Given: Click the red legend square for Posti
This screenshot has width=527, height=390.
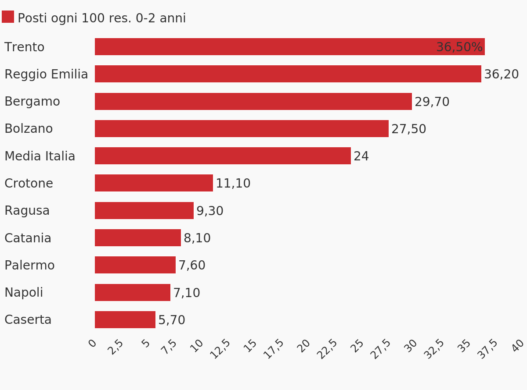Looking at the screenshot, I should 8,17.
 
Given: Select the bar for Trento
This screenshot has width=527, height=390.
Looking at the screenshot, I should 263,47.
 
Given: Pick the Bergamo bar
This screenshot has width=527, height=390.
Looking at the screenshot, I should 253,101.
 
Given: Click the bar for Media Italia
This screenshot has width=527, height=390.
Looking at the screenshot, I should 223,156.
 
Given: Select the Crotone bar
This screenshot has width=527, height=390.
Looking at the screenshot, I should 154,183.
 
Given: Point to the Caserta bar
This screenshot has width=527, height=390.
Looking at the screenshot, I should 125,320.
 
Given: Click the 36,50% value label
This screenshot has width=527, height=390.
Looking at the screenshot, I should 459,47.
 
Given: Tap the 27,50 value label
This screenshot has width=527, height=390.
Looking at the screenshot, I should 408,129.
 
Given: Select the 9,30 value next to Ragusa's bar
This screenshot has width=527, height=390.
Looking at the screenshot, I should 209,211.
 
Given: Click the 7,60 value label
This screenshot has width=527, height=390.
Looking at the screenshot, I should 191,266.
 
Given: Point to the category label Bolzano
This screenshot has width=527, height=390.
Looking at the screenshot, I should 29,129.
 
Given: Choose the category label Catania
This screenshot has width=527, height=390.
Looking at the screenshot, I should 28,238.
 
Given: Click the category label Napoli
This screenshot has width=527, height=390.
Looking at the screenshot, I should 24,293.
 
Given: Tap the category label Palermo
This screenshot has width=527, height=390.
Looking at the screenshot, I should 29,266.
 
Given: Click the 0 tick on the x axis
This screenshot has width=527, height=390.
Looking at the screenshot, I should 92,343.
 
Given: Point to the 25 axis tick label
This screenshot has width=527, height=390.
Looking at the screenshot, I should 357,346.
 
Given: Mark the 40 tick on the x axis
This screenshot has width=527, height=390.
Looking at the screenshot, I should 518,346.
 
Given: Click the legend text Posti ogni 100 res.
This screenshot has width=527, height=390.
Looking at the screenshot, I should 101,18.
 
